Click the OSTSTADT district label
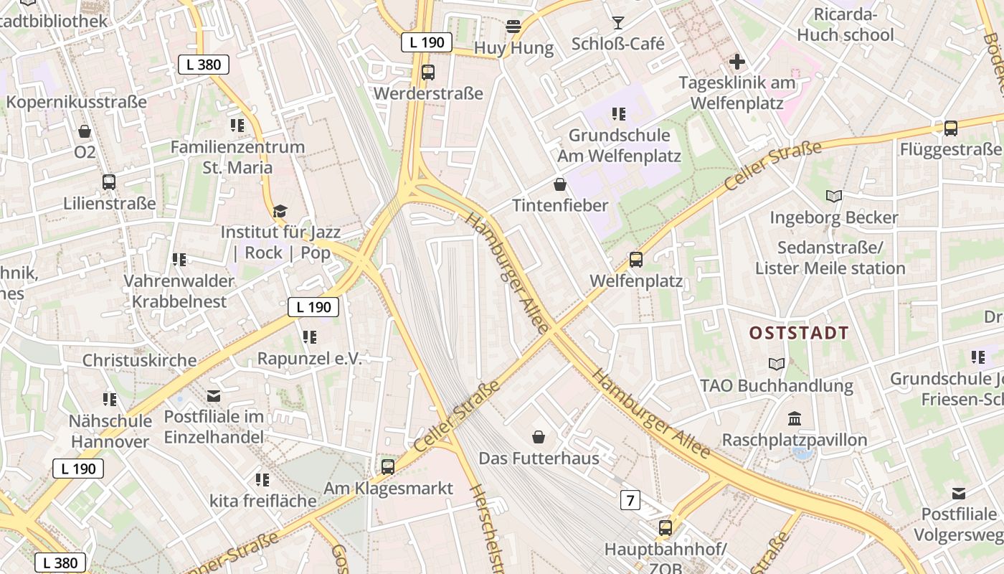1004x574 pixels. tap(799, 333)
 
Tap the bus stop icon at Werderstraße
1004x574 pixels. tap(428, 72)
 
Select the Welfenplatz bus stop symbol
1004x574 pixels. tap(636, 259)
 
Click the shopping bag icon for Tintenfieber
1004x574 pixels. tap(560, 184)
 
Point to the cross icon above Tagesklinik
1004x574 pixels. tap(737, 62)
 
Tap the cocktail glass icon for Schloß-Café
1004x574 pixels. tap(618, 23)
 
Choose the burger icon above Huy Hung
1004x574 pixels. tap(513, 27)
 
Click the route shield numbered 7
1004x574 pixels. tap(630, 500)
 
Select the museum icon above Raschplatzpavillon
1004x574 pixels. tap(795, 418)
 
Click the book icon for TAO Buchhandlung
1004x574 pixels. tap(777, 364)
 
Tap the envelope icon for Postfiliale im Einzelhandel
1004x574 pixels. tap(214, 395)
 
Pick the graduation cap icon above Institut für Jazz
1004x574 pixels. tap(280, 211)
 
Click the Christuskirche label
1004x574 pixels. tap(139, 360)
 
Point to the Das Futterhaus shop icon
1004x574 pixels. tap(539, 437)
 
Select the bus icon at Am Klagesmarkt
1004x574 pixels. tap(388, 467)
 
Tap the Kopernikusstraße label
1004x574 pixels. tap(77, 102)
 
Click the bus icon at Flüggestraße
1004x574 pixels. tap(951, 128)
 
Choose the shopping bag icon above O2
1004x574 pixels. tap(85, 131)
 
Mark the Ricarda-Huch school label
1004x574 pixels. tap(846, 24)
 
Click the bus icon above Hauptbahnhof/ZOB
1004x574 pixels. tap(666, 528)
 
